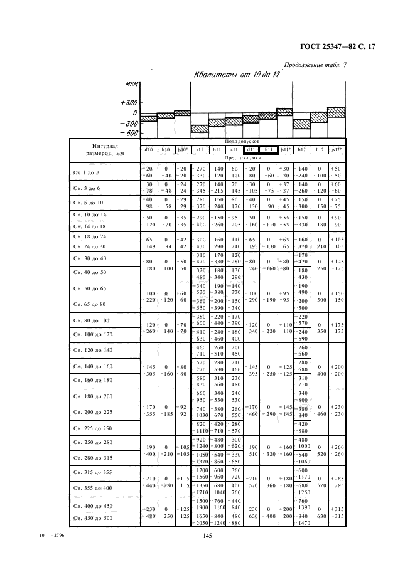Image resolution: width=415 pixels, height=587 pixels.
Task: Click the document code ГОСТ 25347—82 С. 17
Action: pos(337,46)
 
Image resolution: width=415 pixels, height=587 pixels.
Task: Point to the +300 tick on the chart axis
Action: pos(128,102)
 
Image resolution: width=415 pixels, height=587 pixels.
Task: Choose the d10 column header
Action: pos(149,150)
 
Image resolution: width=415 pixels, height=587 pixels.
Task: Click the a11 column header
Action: pos(200,150)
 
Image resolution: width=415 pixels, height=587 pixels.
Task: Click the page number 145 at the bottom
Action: pos(208,535)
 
